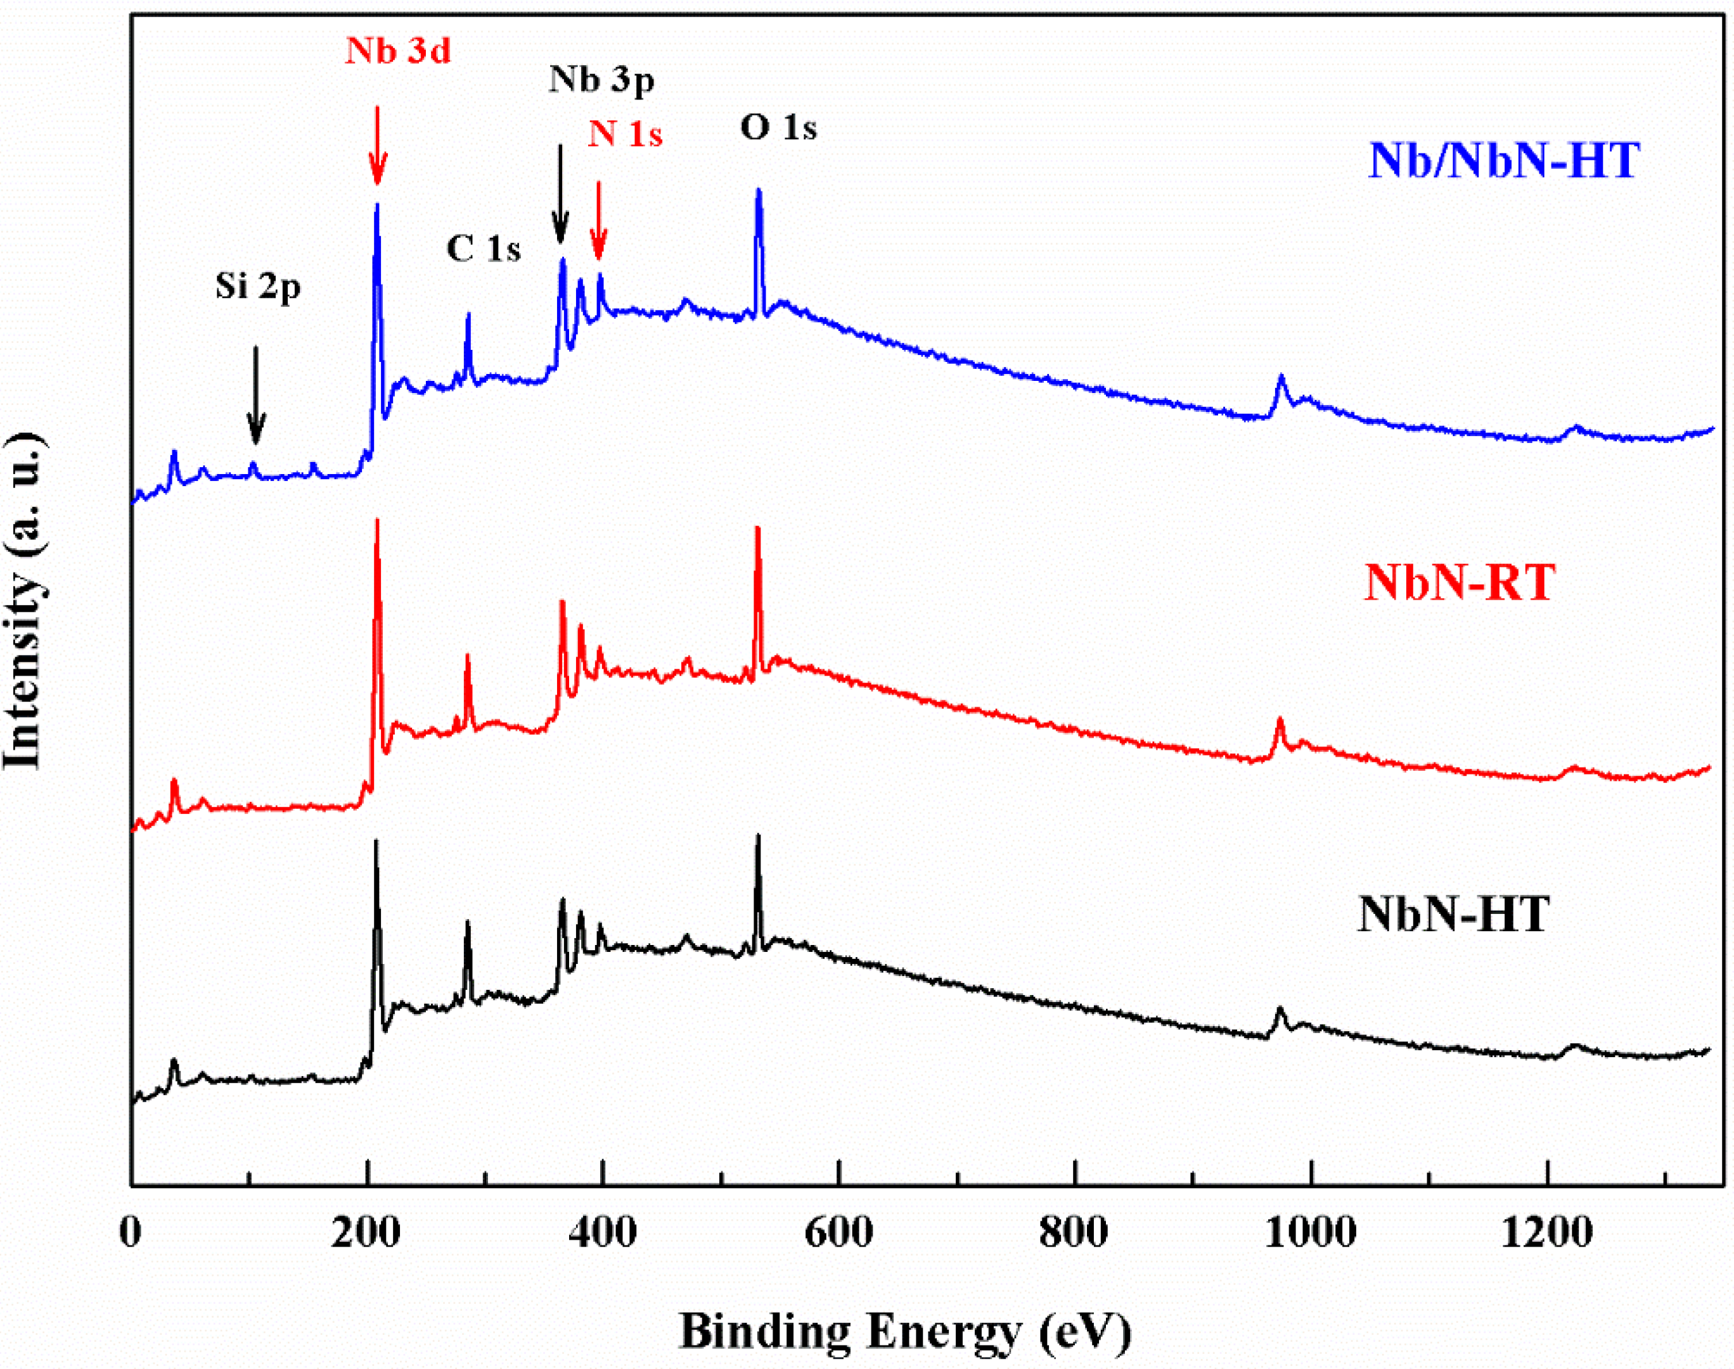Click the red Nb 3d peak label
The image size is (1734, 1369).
398,51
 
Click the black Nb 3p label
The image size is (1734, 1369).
601,80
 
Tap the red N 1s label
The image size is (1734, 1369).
625,134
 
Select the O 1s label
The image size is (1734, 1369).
778,127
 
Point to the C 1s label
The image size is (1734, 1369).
483,248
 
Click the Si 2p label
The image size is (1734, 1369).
257,286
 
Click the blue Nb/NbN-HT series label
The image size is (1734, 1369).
1504,160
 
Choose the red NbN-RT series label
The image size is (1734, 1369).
1459,582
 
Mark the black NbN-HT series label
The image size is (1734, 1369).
1453,914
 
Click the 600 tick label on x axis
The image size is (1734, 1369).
838,1231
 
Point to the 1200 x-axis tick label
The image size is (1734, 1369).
1546,1231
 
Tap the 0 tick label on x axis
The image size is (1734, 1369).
131,1231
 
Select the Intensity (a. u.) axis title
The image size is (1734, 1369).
24,601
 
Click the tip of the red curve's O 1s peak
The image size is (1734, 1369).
757,529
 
